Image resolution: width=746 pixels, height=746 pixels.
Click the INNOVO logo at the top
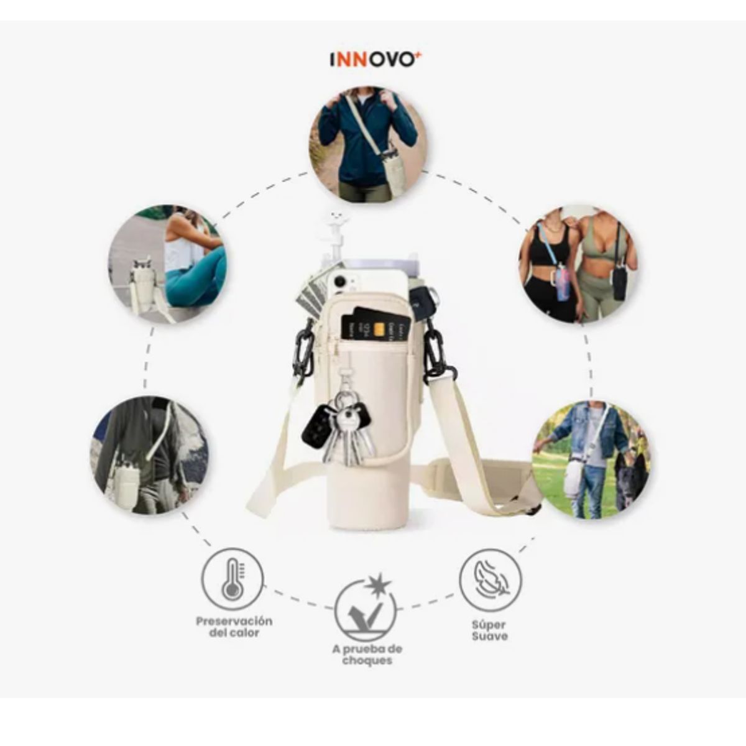[x=375, y=59]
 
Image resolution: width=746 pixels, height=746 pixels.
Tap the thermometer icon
[x=233, y=579]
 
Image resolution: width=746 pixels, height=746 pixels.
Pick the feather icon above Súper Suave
[x=490, y=579]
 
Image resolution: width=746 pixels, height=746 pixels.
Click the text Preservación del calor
[x=234, y=627]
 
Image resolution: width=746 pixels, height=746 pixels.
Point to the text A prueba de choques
[x=367, y=655]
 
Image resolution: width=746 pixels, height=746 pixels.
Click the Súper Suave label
[x=489, y=630]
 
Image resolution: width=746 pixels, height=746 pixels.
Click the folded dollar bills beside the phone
[x=312, y=292]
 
